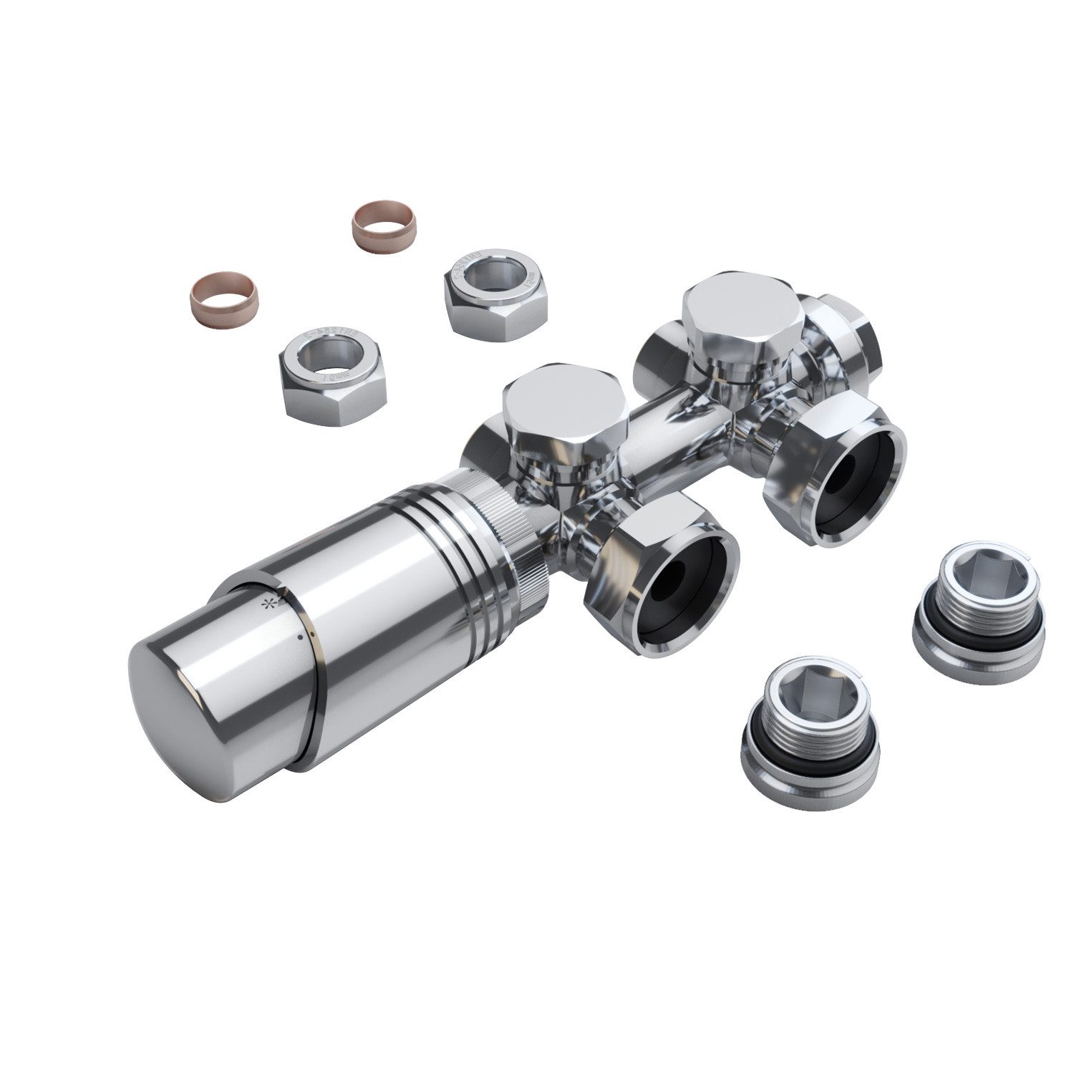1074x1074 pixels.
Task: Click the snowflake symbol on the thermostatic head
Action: coord(271,604)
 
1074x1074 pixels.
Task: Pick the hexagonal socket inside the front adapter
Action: coord(807,691)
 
